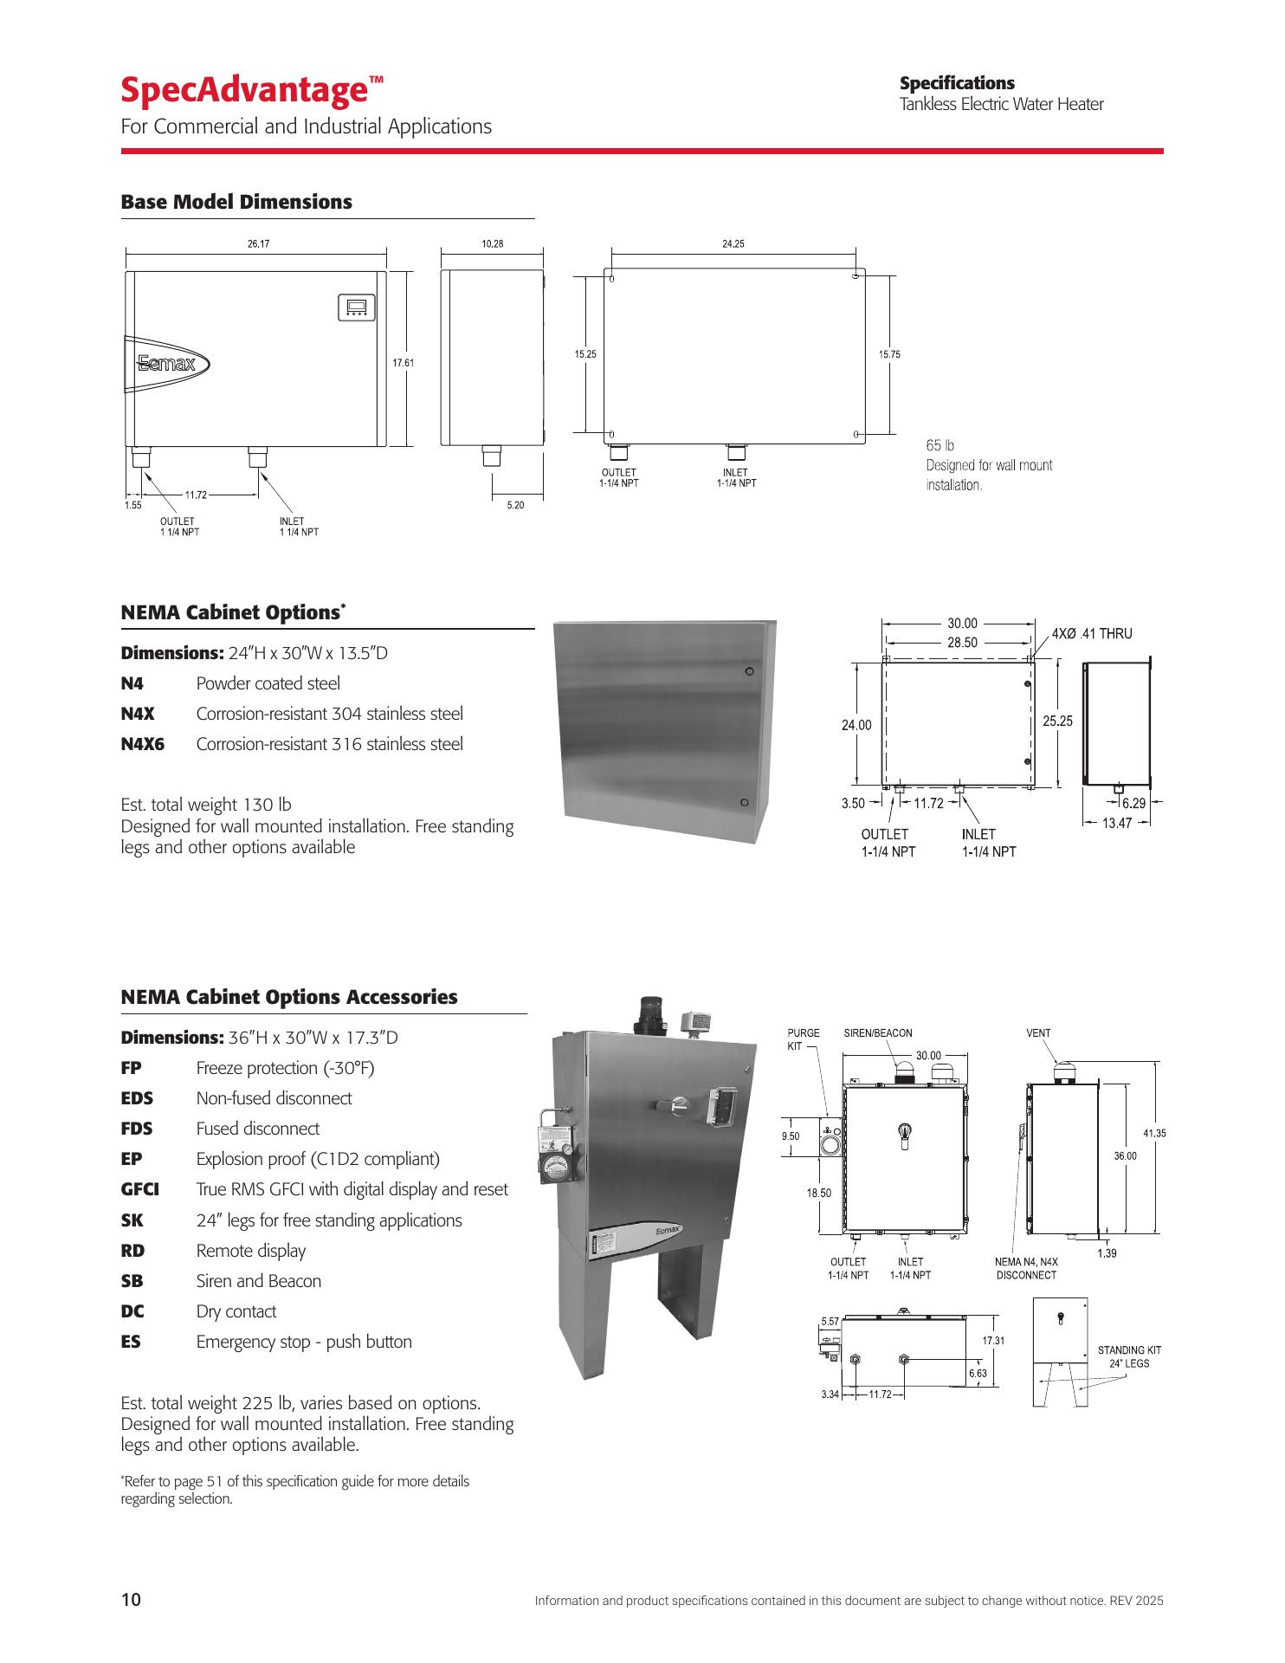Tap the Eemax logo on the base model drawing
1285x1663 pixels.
tap(167, 364)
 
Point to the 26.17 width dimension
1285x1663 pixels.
tap(258, 244)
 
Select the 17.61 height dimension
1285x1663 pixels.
tap(404, 363)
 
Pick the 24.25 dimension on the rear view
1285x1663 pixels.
tap(733, 244)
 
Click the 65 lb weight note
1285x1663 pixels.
tap(940, 445)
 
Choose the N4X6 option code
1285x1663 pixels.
tap(142, 744)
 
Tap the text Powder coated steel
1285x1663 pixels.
tap(268, 684)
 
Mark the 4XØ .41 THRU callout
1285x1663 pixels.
tap(1092, 634)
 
